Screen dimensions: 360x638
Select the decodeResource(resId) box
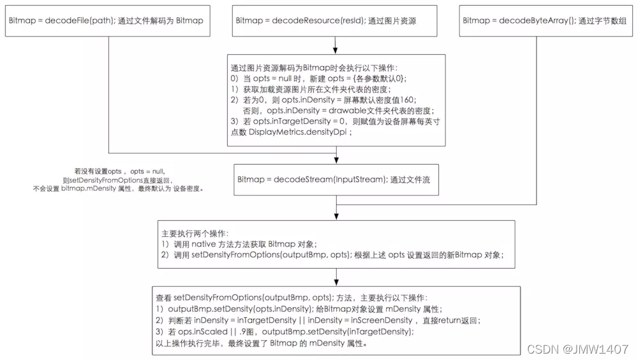pyautogui.click(x=335, y=20)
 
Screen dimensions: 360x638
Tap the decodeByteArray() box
pyautogui.click(x=545, y=20)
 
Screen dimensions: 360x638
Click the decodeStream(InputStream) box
pyautogui.click(x=336, y=180)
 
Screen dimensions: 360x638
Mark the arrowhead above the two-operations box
pyautogui.click(x=336, y=216)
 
